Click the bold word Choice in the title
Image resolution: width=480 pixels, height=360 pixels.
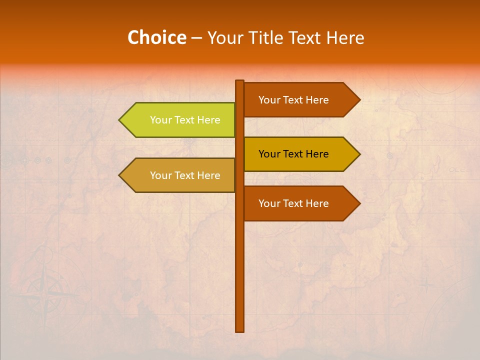click(x=156, y=38)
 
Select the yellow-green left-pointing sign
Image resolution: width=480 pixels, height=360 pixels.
click(x=180, y=120)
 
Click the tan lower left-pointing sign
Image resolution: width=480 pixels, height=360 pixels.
click(x=180, y=175)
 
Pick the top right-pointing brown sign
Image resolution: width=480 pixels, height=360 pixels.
click(x=297, y=100)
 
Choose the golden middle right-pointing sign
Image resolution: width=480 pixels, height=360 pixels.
click(x=297, y=154)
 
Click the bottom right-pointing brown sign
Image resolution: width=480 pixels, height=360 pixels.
click(x=297, y=203)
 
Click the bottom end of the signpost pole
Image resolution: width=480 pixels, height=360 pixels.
click(x=240, y=330)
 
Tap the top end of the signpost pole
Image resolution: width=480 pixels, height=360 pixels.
click(x=240, y=81)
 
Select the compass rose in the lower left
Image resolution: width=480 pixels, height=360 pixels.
click(x=47, y=295)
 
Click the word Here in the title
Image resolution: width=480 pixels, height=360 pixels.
click(x=345, y=38)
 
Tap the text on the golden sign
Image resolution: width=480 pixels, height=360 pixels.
click(x=293, y=154)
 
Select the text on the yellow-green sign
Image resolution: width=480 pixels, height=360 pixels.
click(x=185, y=120)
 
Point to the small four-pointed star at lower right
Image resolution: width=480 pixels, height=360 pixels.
click(x=426, y=285)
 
